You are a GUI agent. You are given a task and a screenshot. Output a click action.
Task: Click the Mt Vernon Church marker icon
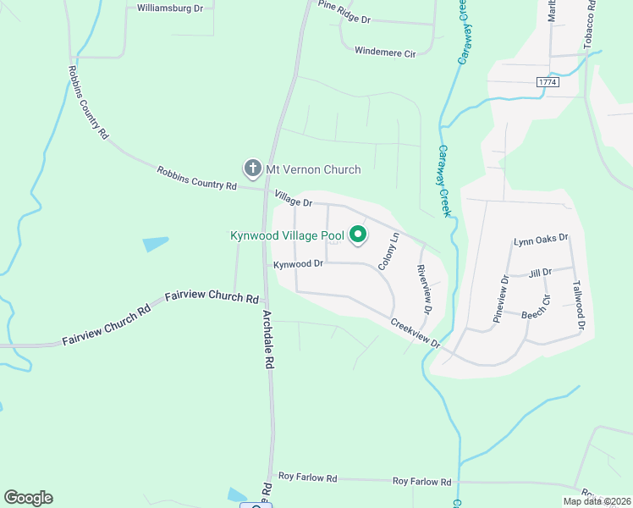pyautogui.click(x=251, y=168)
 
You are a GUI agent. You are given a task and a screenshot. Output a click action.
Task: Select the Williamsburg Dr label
pyautogui.click(x=170, y=8)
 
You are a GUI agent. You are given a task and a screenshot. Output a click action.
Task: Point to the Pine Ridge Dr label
pyautogui.click(x=345, y=13)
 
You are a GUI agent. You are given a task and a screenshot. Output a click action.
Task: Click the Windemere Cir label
pyautogui.click(x=385, y=52)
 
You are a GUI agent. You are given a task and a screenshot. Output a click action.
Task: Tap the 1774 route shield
pyautogui.click(x=548, y=81)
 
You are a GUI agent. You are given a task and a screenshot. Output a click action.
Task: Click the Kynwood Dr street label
pyautogui.click(x=299, y=263)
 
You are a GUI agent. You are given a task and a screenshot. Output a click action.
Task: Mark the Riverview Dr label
pyautogui.click(x=425, y=288)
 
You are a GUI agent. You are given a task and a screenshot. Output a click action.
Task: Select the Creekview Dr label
pyautogui.click(x=415, y=332)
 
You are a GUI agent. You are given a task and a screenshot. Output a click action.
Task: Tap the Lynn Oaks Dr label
pyautogui.click(x=541, y=241)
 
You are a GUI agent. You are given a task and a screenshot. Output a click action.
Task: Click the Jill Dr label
pyautogui.click(x=540, y=272)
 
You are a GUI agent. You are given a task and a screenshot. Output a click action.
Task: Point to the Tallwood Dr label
pyautogui.click(x=579, y=305)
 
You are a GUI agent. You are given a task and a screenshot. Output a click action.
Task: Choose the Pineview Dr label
pyautogui.click(x=500, y=298)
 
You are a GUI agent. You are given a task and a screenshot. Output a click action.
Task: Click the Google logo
pyautogui.click(x=28, y=498)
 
